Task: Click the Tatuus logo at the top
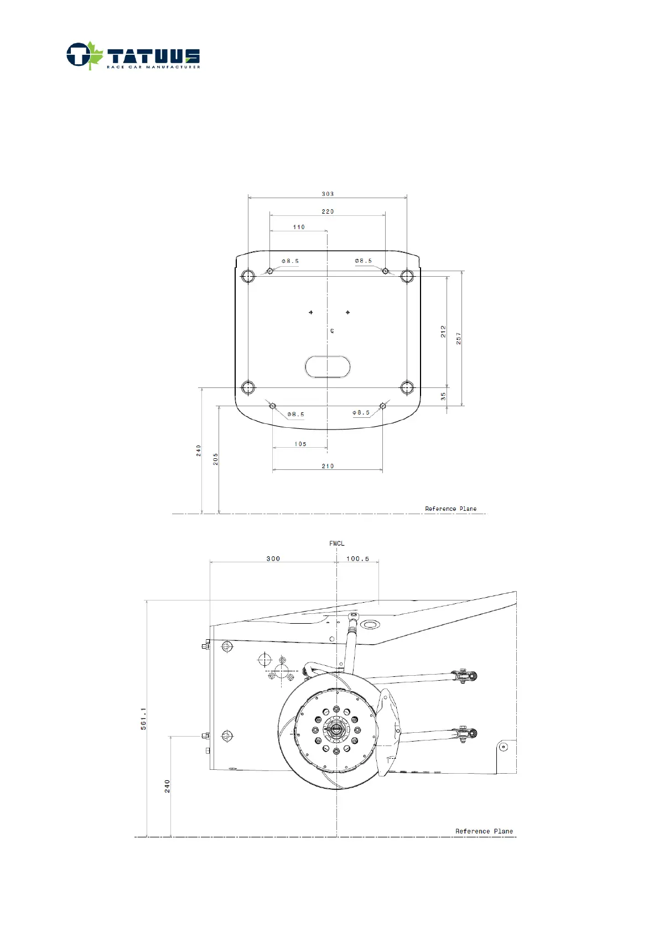[x=133, y=56]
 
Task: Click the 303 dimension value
[x=328, y=194]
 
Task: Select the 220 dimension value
[x=328, y=211]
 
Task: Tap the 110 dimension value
[x=299, y=227]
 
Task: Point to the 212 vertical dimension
[x=443, y=332]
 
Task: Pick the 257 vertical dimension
[x=459, y=338]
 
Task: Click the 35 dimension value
[x=443, y=396]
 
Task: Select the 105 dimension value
[x=300, y=444]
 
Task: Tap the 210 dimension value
[x=328, y=466]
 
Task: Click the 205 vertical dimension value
[x=215, y=459]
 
